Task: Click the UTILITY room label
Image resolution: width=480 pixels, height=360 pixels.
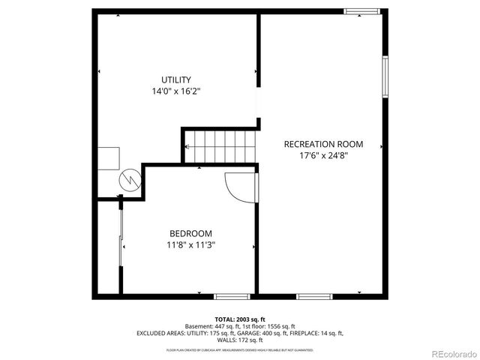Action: point(176,79)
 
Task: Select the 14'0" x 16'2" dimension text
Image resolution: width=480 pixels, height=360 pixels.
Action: point(176,91)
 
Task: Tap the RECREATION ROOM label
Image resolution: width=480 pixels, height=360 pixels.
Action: point(322,144)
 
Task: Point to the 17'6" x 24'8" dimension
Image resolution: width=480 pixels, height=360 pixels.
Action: point(322,156)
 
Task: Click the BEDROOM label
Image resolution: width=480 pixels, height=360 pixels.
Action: point(190,233)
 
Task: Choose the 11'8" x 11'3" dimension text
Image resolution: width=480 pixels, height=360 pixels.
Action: point(190,244)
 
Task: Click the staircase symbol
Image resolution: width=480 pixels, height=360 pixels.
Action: point(220,145)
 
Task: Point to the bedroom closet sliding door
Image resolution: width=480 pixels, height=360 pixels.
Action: point(121,247)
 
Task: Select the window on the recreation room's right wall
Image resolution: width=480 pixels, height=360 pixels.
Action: point(385,76)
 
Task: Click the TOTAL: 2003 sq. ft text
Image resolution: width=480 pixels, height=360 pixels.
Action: point(240,319)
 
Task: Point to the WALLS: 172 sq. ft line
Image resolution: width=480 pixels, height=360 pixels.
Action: point(240,339)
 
